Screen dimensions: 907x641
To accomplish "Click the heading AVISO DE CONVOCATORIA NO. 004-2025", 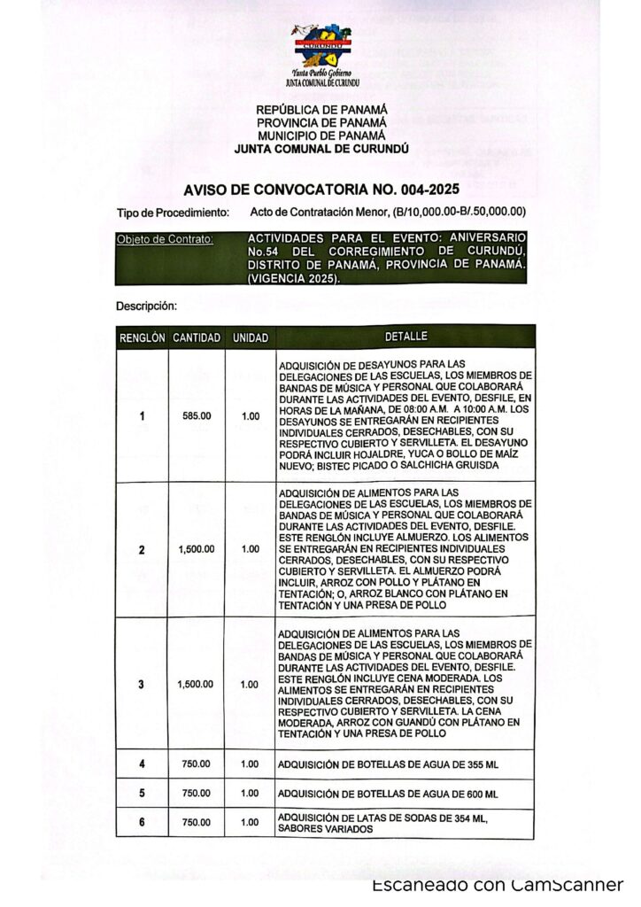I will point(321,190).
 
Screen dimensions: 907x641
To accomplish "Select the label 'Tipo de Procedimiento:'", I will point(174,212).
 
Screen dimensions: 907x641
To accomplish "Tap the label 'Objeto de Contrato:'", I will point(165,240).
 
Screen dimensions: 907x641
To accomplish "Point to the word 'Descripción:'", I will point(147,306).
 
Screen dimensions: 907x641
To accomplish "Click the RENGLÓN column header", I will point(142,337).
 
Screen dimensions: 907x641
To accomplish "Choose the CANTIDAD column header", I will point(197,337).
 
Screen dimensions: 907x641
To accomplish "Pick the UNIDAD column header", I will point(251,337).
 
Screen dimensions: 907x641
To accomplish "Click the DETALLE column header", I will point(405,337).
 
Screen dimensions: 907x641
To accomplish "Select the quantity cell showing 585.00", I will point(197,415).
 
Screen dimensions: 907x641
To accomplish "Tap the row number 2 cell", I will point(142,549).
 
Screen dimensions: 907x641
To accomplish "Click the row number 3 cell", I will point(142,684).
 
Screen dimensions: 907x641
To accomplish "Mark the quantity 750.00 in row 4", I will point(197,764).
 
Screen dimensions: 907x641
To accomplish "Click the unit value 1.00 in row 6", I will point(251,822).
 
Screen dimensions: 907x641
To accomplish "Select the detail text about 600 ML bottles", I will point(388,793).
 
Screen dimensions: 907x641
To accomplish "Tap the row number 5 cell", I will point(142,793).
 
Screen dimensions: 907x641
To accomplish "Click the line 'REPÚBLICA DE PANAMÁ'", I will point(321,111).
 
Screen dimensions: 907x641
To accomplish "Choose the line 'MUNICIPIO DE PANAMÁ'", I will point(321,136).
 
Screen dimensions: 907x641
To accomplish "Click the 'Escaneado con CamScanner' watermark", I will point(498,885).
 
